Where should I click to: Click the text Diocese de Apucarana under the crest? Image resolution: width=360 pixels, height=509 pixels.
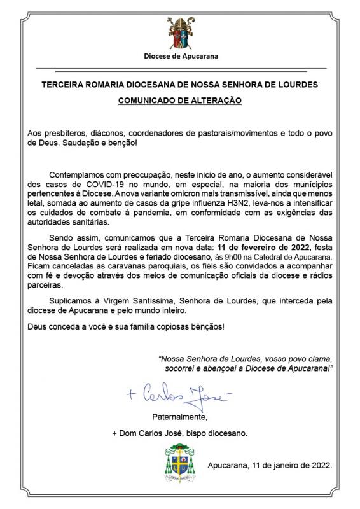point(181,57)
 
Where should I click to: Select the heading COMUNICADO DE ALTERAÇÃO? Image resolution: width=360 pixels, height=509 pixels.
point(181,101)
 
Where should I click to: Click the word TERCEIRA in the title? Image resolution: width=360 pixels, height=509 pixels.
point(64,84)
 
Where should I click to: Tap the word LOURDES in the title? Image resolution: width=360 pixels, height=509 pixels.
point(295,84)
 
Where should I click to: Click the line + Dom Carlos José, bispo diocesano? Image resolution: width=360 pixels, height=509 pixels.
point(180,433)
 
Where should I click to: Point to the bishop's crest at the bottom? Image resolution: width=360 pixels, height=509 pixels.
point(180,464)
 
